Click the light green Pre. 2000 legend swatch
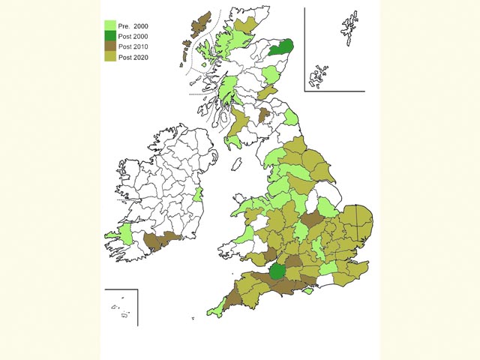(109, 25)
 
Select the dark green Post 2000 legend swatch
(109, 35)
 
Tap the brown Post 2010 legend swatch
(109, 46)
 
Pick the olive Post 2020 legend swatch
(109, 56)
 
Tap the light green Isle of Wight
(307, 292)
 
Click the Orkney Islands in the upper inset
(320, 74)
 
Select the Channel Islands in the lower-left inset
(121, 309)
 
